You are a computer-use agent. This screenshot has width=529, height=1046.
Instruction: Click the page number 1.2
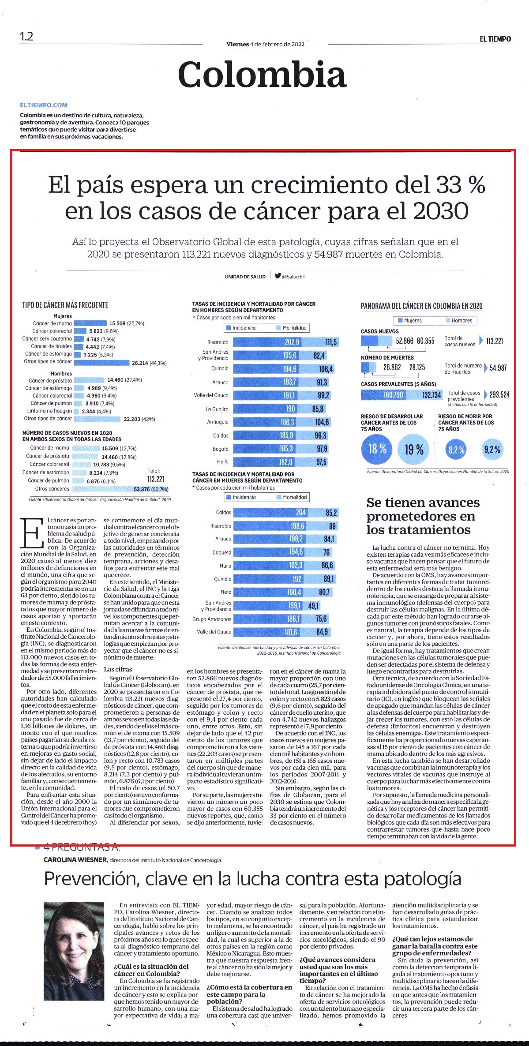click(x=26, y=36)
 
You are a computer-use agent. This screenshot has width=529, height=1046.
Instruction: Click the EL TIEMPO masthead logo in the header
click(x=495, y=39)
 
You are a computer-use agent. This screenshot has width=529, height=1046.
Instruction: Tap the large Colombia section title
click(x=262, y=75)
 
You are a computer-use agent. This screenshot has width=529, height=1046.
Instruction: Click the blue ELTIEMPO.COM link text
click(x=44, y=105)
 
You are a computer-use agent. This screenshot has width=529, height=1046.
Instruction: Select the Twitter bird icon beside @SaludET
click(x=278, y=276)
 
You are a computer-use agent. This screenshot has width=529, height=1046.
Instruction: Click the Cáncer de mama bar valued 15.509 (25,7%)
click(x=90, y=323)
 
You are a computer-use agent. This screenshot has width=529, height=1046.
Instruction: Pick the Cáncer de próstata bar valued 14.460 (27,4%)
click(x=90, y=380)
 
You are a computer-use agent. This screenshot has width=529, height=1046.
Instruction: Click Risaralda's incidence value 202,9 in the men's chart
click(x=292, y=342)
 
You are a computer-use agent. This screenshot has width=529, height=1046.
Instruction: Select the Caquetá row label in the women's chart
click(x=223, y=552)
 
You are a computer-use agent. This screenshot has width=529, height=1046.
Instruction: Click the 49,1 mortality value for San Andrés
click(x=313, y=606)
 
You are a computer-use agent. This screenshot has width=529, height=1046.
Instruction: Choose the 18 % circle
click(x=377, y=450)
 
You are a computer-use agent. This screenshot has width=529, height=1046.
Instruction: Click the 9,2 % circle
click(x=492, y=450)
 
